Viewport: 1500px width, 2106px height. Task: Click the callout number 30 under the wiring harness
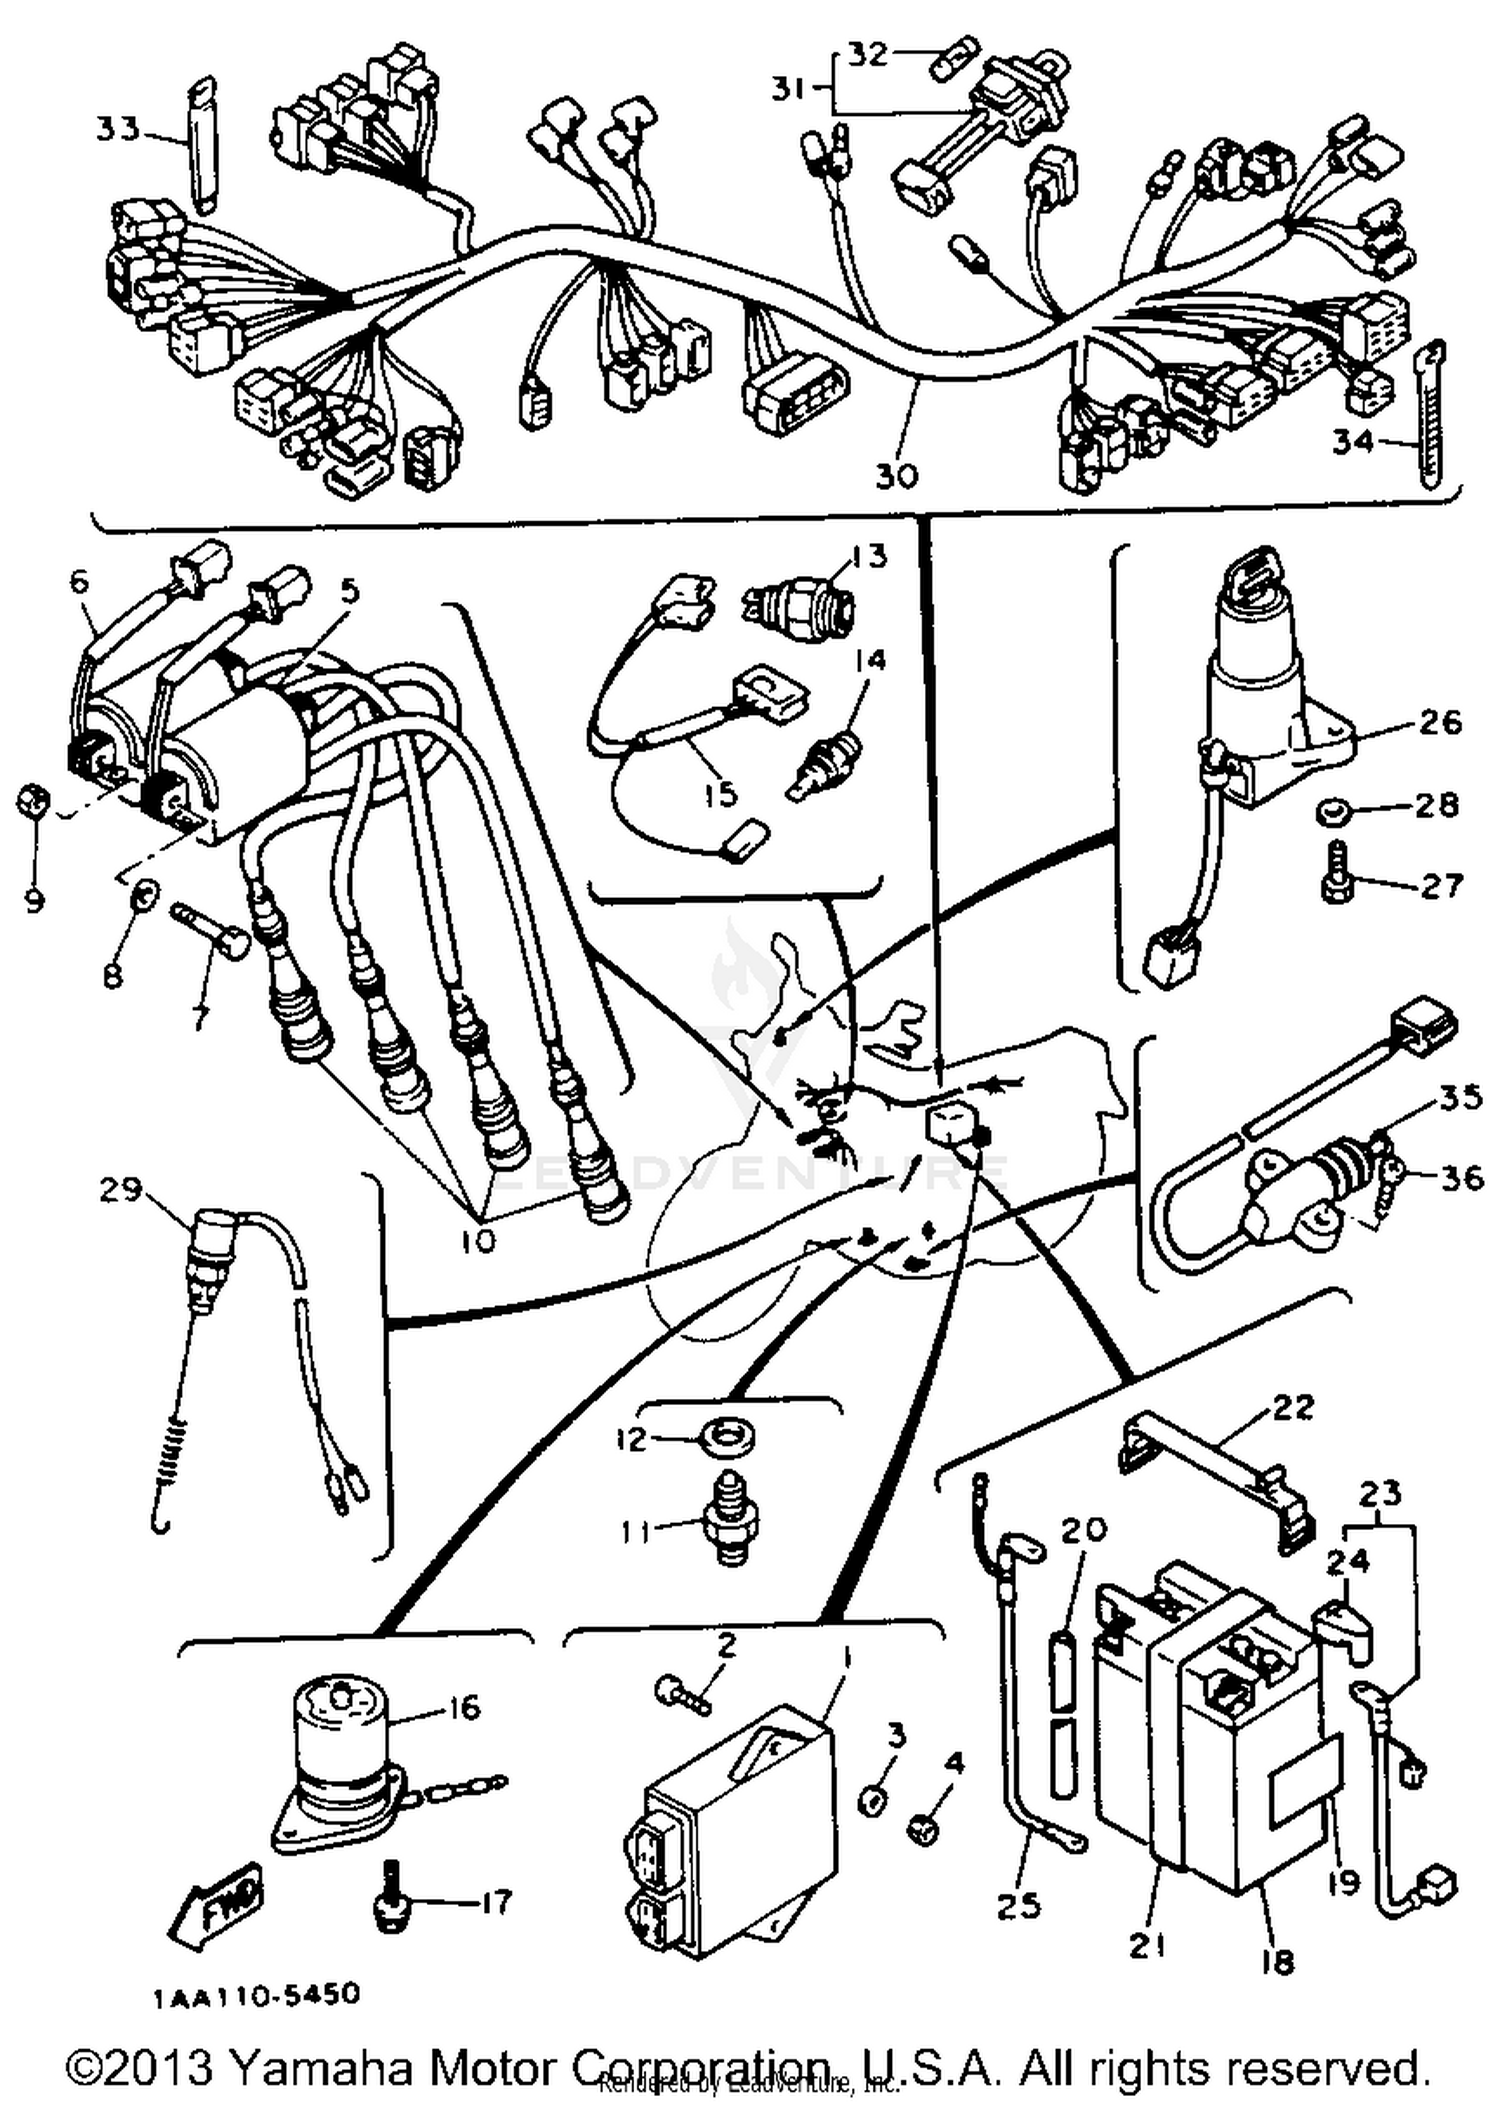[x=896, y=475]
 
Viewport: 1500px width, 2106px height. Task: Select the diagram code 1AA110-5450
[x=257, y=1995]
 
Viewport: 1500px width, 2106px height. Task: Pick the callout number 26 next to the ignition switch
[x=1440, y=722]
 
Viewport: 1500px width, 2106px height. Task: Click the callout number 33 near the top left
[x=117, y=129]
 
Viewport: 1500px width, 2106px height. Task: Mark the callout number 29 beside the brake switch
[x=121, y=1190]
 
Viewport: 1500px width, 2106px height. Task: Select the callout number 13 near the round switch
[x=869, y=556]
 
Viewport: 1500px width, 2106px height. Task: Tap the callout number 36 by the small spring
[x=1461, y=1177]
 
